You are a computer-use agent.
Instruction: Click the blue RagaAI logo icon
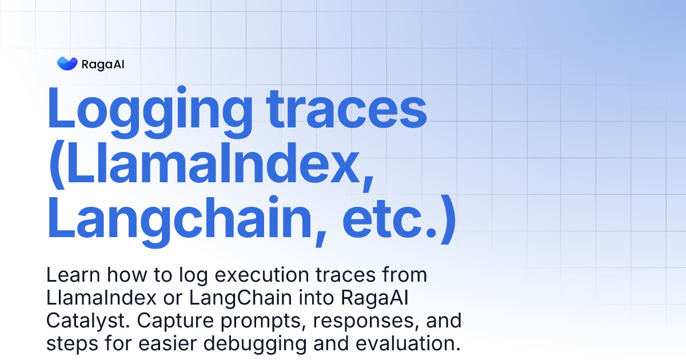click(67, 63)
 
